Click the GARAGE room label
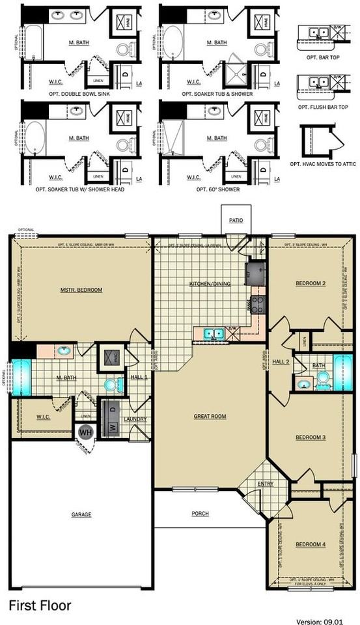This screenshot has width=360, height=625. click(x=81, y=514)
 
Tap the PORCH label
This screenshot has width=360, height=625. click(x=201, y=514)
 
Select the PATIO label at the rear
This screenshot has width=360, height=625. click(x=236, y=221)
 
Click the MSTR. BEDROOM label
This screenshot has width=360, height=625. click(x=81, y=290)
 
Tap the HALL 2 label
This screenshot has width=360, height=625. click(x=281, y=361)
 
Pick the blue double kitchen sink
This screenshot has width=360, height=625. click(x=212, y=334)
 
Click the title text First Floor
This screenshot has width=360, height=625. click(x=39, y=605)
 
